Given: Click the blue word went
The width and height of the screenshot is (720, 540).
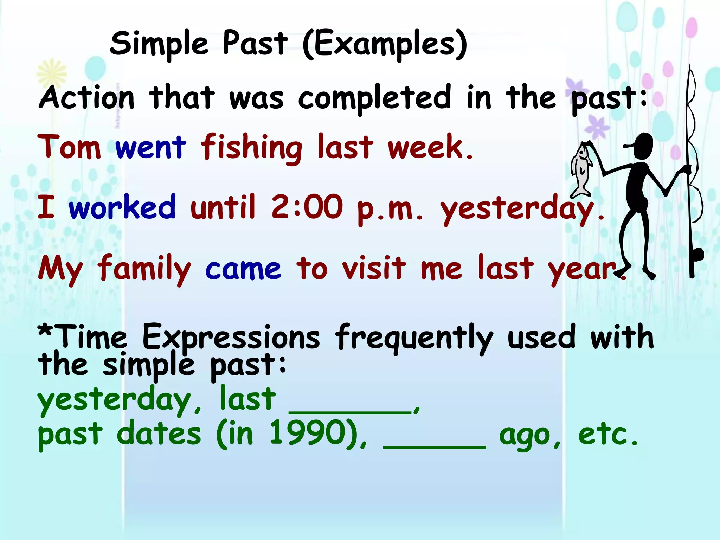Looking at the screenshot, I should [x=150, y=148].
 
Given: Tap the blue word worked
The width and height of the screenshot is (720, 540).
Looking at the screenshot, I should [x=122, y=207].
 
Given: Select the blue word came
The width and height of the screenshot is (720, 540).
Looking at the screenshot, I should [x=243, y=269].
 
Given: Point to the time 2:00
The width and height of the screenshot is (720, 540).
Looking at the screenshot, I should [x=307, y=207].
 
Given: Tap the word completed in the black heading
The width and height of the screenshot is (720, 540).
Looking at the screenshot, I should [x=375, y=98].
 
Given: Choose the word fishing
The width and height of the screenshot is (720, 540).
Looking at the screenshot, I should [x=251, y=148].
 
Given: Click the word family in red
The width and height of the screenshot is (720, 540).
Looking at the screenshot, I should [x=144, y=269].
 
